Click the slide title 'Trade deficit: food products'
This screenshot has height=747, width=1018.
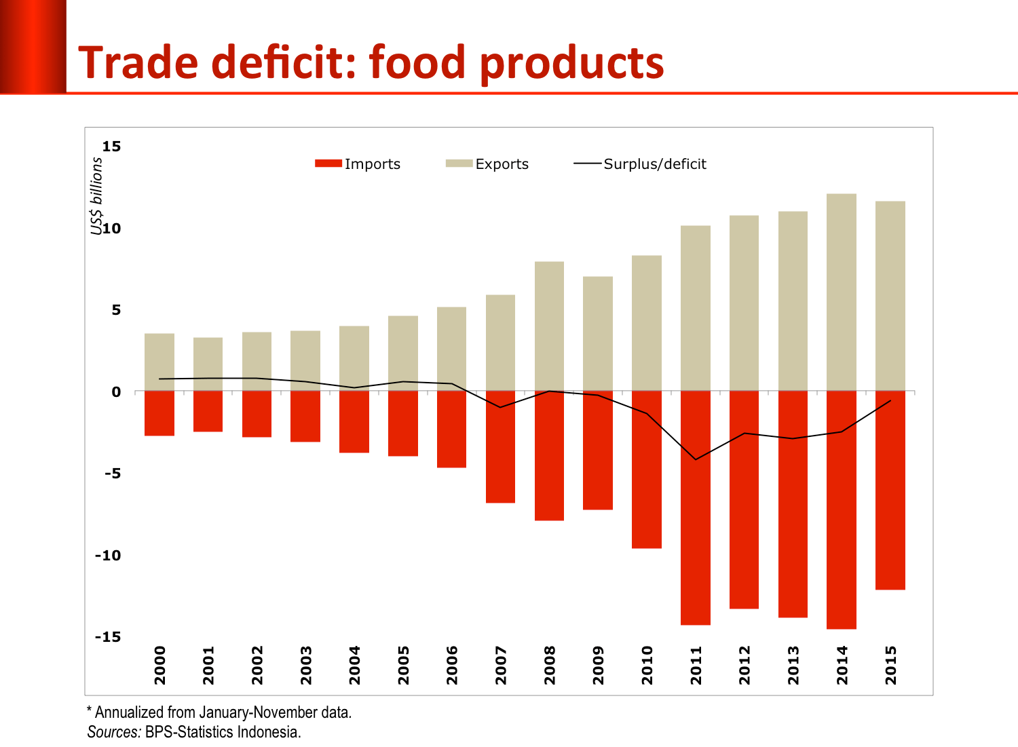pos(371,62)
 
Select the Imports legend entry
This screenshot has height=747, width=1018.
pos(358,164)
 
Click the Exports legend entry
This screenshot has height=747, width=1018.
pos(487,164)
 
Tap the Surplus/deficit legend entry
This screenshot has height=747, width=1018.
pos(640,164)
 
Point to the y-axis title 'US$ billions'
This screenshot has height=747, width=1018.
pos(97,196)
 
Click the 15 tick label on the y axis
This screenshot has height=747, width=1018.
pos(111,147)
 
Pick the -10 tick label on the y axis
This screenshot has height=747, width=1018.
pos(108,556)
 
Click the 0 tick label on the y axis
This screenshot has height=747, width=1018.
pos(116,392)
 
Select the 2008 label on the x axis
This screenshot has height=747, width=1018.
pos(550,666)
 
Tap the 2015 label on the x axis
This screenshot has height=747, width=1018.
pos(891,666)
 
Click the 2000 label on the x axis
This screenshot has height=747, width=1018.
pos(160,666)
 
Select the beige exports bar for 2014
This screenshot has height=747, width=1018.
pos(841,292)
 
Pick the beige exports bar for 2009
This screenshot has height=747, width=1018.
pos(598,332)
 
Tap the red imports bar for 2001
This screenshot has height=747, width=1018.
pos(208,412)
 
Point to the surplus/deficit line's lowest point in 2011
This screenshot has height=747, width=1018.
pos(695,460)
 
